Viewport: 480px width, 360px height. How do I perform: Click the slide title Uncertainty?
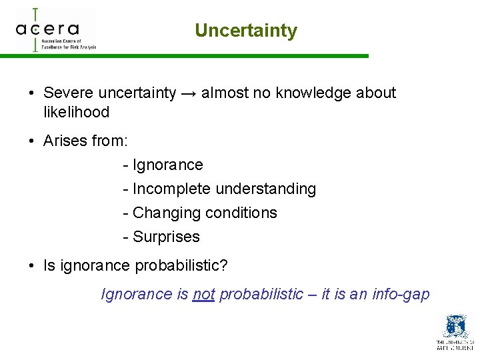[x=246, y=31]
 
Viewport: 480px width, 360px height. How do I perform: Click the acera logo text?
[x=47, y=29]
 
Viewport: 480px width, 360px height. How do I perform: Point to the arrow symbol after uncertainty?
[x=188, y=93]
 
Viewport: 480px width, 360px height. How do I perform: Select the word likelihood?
[x=76, y=112]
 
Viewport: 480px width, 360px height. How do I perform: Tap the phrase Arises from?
[x=85, y=141]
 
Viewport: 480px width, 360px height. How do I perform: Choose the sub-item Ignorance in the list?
[x=167, y=165]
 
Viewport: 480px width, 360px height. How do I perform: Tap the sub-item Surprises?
[x=166, y=237]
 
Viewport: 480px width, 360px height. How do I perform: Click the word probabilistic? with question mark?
[x=181, y=265]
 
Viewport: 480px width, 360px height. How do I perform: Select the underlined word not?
[x=203, y=295]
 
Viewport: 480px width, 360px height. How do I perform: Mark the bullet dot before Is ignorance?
[x=32, y=266]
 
